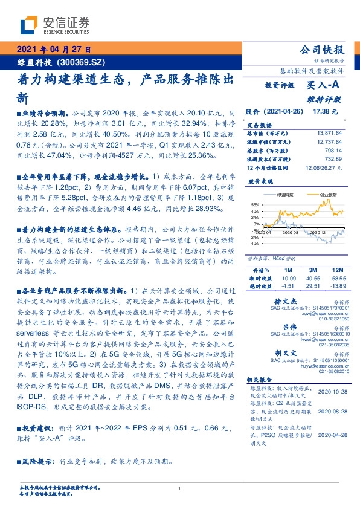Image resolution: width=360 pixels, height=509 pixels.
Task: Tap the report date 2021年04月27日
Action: click(x=54, y=50)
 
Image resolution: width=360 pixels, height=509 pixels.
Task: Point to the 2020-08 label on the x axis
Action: click(x=291, y=232)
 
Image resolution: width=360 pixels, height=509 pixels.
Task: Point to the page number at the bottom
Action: click(x=179, y=488)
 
